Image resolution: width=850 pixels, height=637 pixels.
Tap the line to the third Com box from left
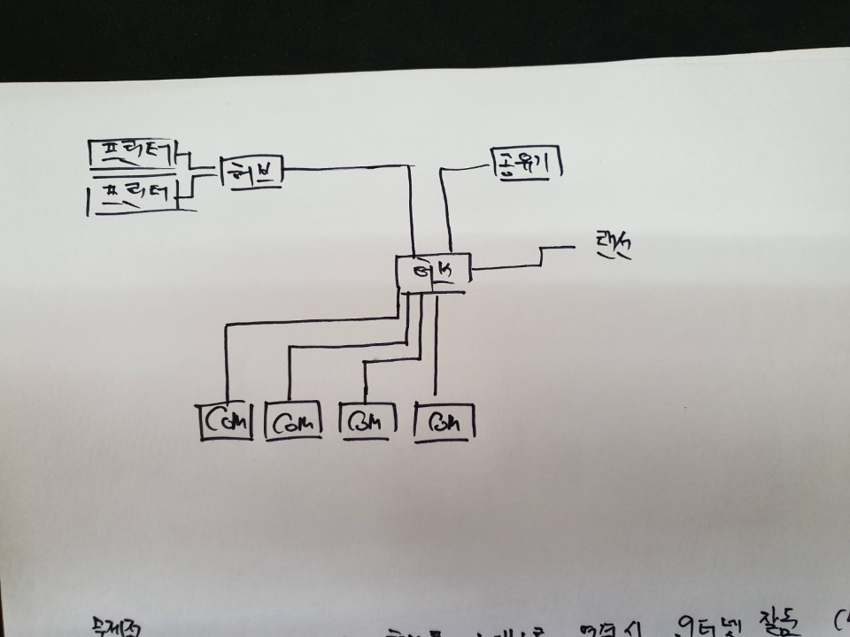(390, 361)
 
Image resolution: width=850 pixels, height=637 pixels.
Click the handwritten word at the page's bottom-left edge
(110, 626)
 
